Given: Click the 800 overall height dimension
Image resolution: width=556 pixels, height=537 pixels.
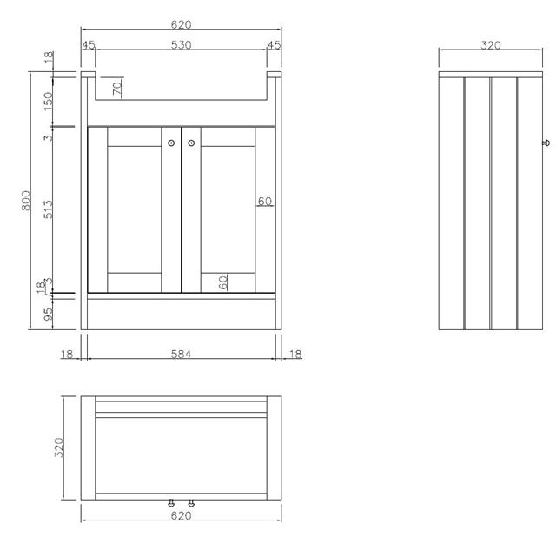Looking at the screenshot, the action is (x=26, y=201).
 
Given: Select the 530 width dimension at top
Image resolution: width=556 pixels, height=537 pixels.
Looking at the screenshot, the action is (x=182, y=45).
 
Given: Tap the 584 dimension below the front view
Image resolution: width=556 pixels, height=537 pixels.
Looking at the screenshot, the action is (x=181, y=354).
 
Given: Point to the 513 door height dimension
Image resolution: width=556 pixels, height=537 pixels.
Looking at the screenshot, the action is (x=48, y=209).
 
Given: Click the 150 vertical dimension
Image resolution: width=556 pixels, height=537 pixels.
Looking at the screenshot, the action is (x=48, y=101).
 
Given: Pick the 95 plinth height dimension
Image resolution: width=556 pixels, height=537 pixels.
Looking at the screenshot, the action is (x=48, y=314).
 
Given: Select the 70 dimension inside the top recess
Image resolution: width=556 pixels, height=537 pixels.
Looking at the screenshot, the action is (x=117, y=88).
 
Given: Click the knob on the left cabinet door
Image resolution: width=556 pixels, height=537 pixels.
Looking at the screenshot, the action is (x=171, y=143).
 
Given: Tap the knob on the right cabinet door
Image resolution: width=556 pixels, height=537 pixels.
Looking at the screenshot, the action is (x=191, y=143).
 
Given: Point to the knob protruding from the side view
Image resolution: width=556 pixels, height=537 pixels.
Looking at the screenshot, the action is (x=546, y=143).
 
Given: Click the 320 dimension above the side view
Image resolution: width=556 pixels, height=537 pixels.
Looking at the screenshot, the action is (x=491, y=45).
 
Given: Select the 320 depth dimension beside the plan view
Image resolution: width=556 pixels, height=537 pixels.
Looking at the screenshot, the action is (x=59, y=447).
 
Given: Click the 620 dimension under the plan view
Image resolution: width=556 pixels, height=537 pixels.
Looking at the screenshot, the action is (x=181, y=515).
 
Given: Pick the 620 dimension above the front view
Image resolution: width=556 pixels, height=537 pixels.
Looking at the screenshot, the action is (x=181, y=24).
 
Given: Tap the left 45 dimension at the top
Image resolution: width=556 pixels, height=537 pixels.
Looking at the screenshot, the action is (x=89, y=45).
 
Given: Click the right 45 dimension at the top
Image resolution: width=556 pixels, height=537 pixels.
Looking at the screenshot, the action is (x=274, y=45).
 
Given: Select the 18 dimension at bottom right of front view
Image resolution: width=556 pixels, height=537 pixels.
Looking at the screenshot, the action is (x=295, y=354).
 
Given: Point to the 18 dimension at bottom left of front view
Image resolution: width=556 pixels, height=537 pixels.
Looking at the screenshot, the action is (x=67, y=354).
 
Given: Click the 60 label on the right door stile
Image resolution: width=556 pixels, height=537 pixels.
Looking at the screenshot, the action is (x=264, y=202).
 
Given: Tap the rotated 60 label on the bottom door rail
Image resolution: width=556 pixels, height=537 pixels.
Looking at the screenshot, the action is (x=223, y=282).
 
